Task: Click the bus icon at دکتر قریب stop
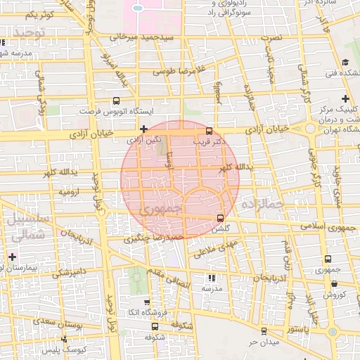click(x=208, y=131)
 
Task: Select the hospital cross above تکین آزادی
click(x=143, y=129)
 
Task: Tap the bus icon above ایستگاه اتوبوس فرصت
click(x=116, y=101)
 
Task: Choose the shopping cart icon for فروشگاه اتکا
click(x=155, y=302)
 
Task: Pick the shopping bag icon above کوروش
click(x=334, y=285)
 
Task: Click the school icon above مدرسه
click(x=212, y=278)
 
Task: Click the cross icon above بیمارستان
click(x=12, y=257)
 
